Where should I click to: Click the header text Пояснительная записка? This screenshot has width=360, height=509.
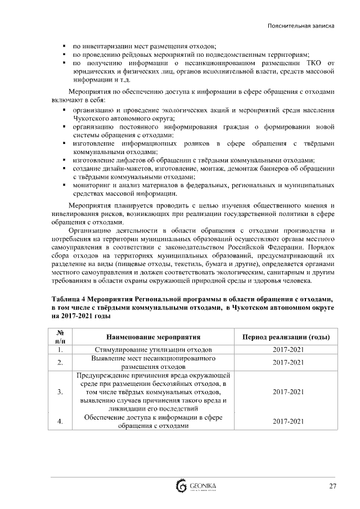click(301, 26)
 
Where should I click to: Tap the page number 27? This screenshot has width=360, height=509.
click(333, 486)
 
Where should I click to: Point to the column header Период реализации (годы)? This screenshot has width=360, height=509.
click(285, 337)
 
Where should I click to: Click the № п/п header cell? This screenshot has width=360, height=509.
click(60, 337)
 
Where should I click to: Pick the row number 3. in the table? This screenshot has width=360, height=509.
click(60, 391)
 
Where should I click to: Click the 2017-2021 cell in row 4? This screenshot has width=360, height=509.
click(285, 421)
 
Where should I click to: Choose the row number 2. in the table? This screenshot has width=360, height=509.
click(60, 363)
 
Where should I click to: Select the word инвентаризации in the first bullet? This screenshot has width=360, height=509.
click(111, 46)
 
